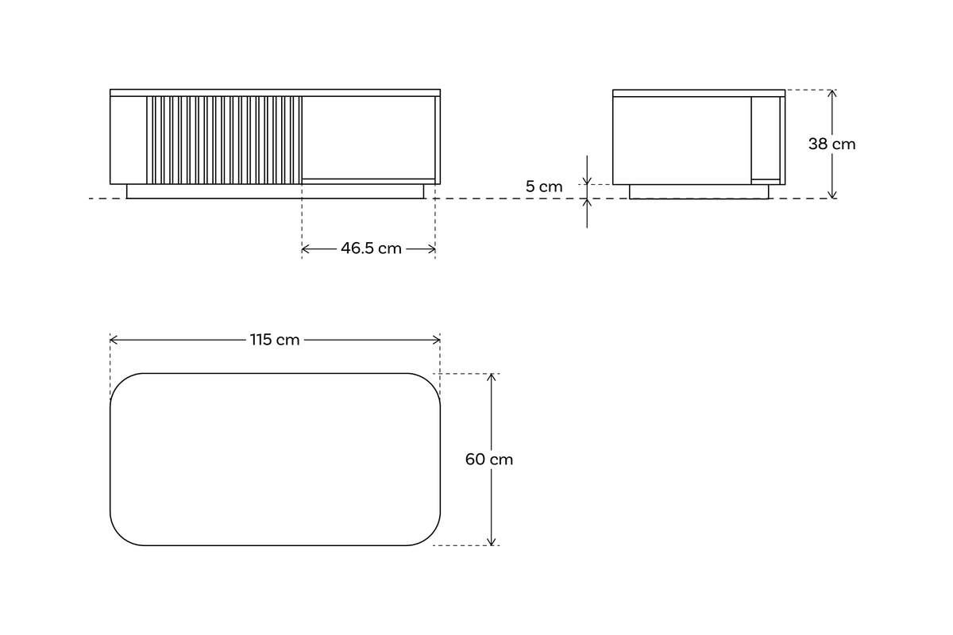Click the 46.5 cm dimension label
pyautogui.click(x=371, y=248)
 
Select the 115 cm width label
pyautogui.click(x=275, y=340)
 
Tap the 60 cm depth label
pyautogui.click(x=489, y=460)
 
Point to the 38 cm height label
pyautogui.click(x=831, y=144)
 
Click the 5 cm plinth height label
pyautogui.click(x=544, y=187)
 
